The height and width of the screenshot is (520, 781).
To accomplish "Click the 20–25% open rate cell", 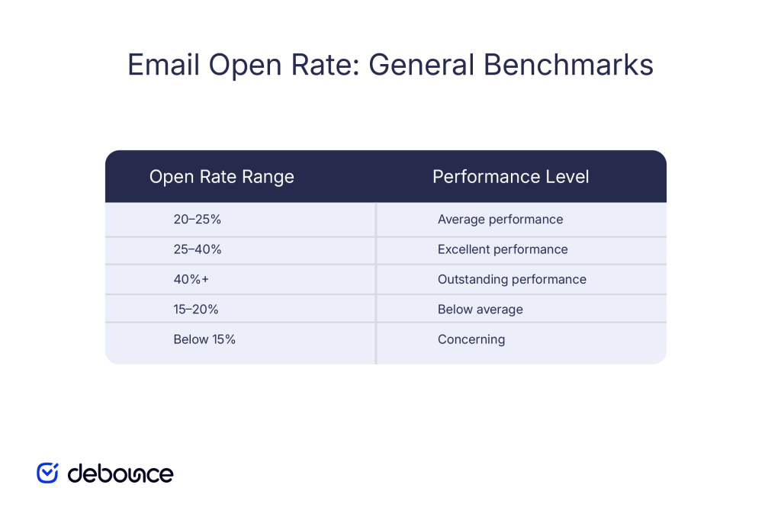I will (x=197, y=220).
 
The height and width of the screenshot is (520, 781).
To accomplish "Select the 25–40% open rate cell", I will (x=198, y=249).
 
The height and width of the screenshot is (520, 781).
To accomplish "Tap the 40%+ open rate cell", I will (x=191, y=279).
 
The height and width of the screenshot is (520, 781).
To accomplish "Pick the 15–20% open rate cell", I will (x=197, y=310).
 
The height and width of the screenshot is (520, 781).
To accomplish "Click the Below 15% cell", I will (x=204, y=339).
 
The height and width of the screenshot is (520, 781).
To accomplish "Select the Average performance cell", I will (x=500, y=220).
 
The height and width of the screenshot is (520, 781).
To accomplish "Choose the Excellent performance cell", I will (x=503, y=249).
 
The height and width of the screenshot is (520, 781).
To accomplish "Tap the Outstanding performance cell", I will (x=512, y=279).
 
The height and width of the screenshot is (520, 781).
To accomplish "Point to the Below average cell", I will (x=480, y=310).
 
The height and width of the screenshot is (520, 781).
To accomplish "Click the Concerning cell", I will (x=471, y=339).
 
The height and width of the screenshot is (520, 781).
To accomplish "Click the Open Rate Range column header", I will (x=222, y=177).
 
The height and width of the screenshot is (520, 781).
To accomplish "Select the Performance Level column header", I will (x=511, y=177).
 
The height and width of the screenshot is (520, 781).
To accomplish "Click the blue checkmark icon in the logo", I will (x=48, y=473).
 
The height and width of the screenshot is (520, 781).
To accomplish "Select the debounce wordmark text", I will (x=121, y=473).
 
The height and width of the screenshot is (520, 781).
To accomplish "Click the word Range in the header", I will (x=268, y=177).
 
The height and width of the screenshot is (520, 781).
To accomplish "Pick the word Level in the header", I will (x=566, y=177).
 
